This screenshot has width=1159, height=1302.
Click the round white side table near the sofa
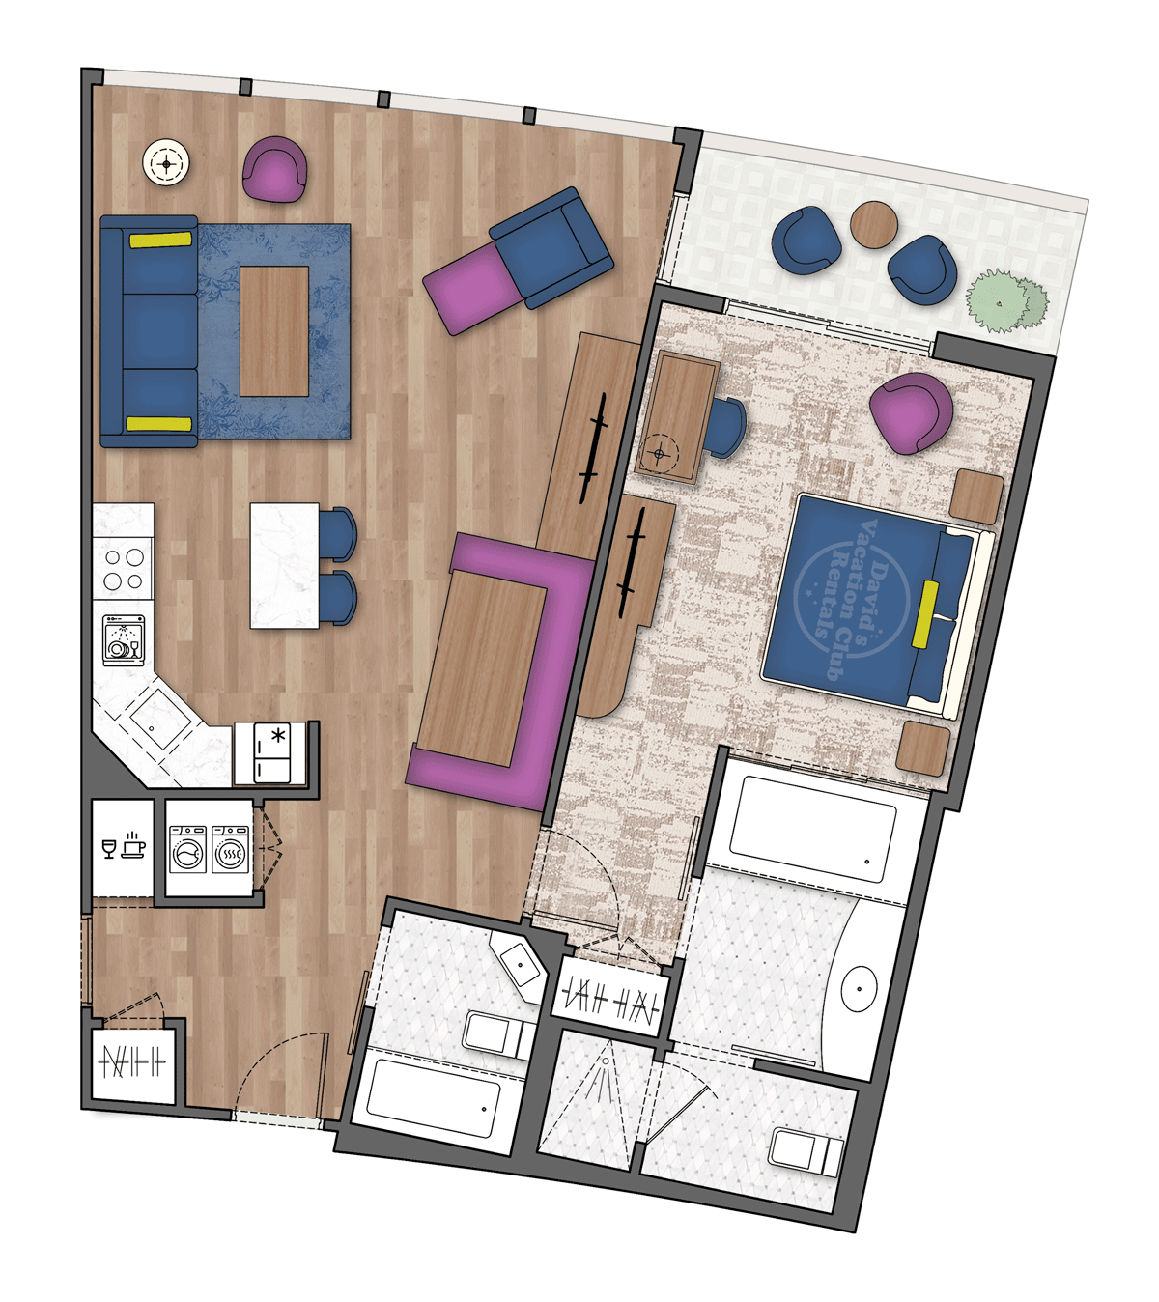click(166, 163)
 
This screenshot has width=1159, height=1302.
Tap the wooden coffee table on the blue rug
click(274, 330)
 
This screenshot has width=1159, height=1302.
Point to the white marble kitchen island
click(284, 565)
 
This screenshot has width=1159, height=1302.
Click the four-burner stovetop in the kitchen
click(125, 569)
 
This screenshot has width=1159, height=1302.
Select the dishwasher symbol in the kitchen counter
click(123, 639)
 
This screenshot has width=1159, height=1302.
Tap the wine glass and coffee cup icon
click(123, 845)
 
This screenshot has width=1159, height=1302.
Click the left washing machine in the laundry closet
click(186, 849)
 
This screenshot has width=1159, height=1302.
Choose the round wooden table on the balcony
click(874, 225)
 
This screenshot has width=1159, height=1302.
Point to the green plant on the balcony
click(1007, 299)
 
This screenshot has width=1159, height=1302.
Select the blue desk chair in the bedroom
click(725, 427)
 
